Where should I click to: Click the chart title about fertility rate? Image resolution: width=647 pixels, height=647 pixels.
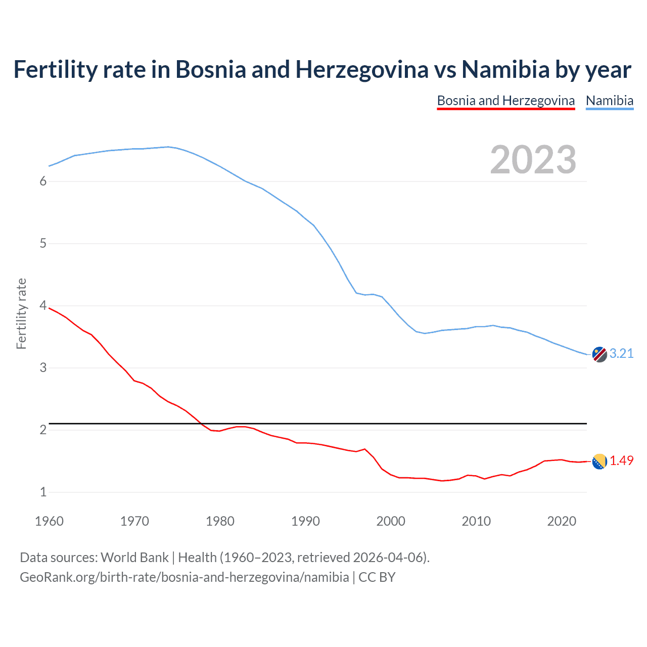[322, 70]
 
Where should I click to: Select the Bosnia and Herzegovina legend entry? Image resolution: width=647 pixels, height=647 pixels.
[505, 101]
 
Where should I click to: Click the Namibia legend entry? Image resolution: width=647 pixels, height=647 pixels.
[609, 101]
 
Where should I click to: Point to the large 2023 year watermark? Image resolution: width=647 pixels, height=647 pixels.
[533, 160]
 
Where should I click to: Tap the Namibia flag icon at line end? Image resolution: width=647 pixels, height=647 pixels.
[599, 354]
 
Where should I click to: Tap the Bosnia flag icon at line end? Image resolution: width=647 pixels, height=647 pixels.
[599, 461]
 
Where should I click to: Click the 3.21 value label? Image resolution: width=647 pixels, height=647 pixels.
[621, 353]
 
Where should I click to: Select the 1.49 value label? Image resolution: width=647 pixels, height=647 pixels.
[621, 460]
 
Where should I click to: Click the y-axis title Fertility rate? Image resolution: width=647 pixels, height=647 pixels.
[21, 313]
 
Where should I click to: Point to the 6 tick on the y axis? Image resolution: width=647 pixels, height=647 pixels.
[43, 181]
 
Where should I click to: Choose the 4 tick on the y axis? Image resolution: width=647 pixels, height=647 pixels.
[43, 306]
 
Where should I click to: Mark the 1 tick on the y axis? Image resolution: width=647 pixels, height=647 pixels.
[43, 492]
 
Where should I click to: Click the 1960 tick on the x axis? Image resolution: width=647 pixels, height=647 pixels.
[49, 521]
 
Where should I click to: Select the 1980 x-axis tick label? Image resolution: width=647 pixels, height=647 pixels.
[220, 521]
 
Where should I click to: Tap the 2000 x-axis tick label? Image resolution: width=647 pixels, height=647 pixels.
[391, 521]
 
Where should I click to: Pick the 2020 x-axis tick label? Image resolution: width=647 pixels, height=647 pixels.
[562, 521]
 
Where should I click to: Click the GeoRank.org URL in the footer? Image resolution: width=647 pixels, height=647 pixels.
[184, 577]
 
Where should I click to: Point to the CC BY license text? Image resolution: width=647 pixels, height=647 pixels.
[377, 577]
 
